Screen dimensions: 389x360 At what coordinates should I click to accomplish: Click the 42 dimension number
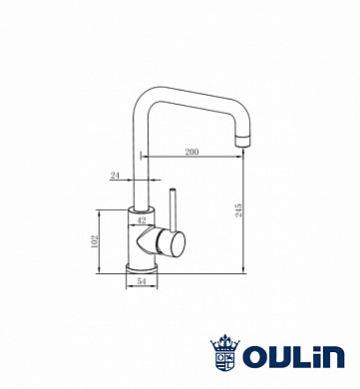tap(142, 220)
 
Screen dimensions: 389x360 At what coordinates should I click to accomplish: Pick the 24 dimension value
tap(115, 176)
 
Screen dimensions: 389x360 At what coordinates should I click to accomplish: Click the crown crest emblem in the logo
tap(225, 352)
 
